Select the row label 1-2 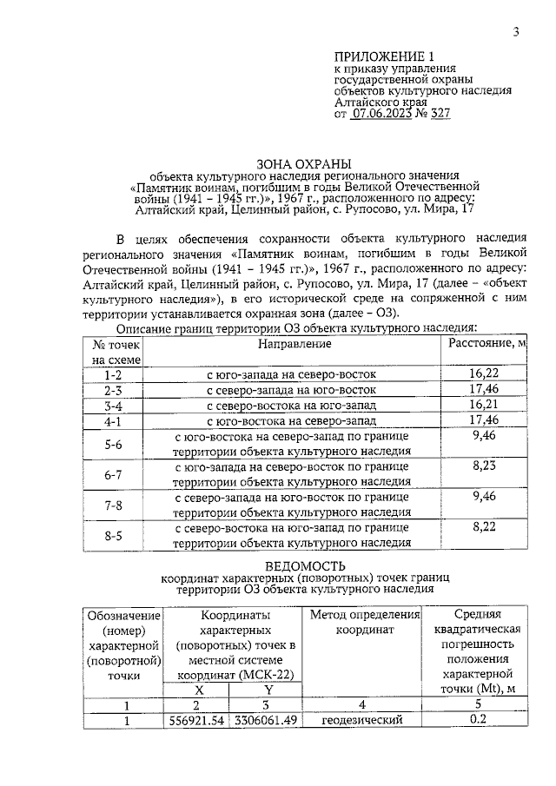click(112, 375)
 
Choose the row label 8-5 click(112, 536)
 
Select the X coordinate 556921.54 click(195, 720)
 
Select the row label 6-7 click(112, 474)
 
